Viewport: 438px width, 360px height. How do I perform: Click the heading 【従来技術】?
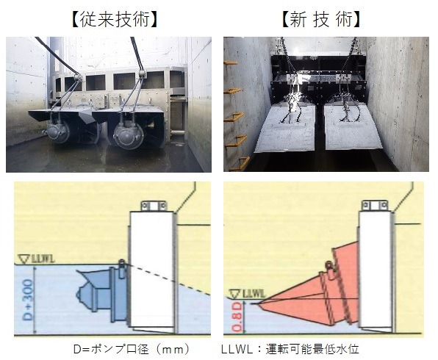[x=115, y=20]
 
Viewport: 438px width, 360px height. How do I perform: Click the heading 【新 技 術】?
[x=321, y=20]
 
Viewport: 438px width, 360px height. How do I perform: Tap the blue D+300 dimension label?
[x=28, y=300]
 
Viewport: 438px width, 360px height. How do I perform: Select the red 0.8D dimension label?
[x=237, y=317]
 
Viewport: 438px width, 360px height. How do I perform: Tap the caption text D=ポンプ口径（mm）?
[x=132, y=349]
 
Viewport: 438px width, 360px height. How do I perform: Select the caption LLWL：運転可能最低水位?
[x=290, y=349]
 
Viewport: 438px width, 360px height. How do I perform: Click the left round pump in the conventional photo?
[x=58, y=132]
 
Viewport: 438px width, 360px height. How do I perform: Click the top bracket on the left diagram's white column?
[x=154, y=206]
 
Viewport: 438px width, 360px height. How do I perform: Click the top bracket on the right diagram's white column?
[x=375, y=205]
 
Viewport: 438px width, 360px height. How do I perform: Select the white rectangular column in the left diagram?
[x=152, y=270]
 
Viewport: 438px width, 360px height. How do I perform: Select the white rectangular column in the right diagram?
[x=375, y=269]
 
